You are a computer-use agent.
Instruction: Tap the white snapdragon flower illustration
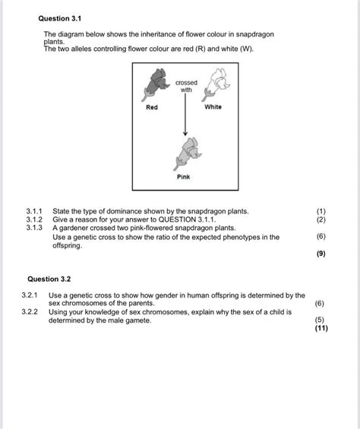(215, 82)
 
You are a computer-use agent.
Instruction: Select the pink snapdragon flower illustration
(185, 151)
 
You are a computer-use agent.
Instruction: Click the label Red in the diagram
(153, 107)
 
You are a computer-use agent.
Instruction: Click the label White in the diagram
(213, 107)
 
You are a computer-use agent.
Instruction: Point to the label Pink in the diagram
(184, 177)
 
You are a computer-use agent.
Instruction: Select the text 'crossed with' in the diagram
(185, 85)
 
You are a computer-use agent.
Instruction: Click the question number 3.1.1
(35, 210)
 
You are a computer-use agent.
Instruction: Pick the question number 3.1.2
(35, 219)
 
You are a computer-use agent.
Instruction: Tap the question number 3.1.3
(35, 227)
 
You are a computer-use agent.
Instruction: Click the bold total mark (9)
(321, 254)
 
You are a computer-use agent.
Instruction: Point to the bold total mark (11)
(320, 329)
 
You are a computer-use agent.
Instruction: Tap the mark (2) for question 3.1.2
(321, 219)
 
